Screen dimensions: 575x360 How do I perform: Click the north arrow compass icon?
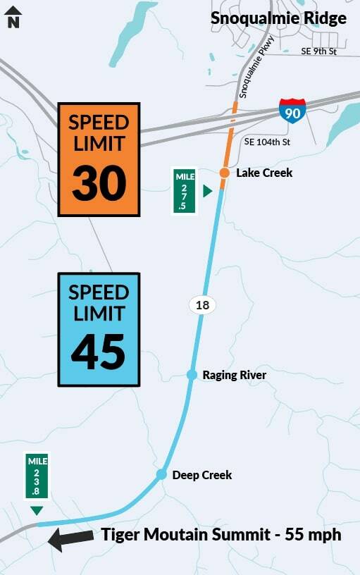tap(13, 16)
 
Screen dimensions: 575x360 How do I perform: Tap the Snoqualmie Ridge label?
tap(279, 18)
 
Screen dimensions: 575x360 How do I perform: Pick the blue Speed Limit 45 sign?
tap(99, 329)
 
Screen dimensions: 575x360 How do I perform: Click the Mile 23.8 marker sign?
tap(37, 476)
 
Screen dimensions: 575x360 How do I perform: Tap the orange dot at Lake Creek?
tap(223, 173)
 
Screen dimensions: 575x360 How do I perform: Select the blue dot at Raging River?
tap(192, 375)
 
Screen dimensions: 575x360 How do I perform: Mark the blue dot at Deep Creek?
tap(161, 475)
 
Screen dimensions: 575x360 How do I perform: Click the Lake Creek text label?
tap(264, 173)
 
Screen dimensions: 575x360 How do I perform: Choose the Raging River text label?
tap(235, 375)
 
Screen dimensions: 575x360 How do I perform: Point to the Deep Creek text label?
tap(202, 475)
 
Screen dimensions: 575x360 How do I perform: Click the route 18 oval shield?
tap(201, 305)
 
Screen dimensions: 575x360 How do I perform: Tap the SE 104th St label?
tap(267, 142)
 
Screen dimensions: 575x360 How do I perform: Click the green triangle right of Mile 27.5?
tap(207, 190)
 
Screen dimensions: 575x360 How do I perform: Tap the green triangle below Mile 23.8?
tap(37, 509)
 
